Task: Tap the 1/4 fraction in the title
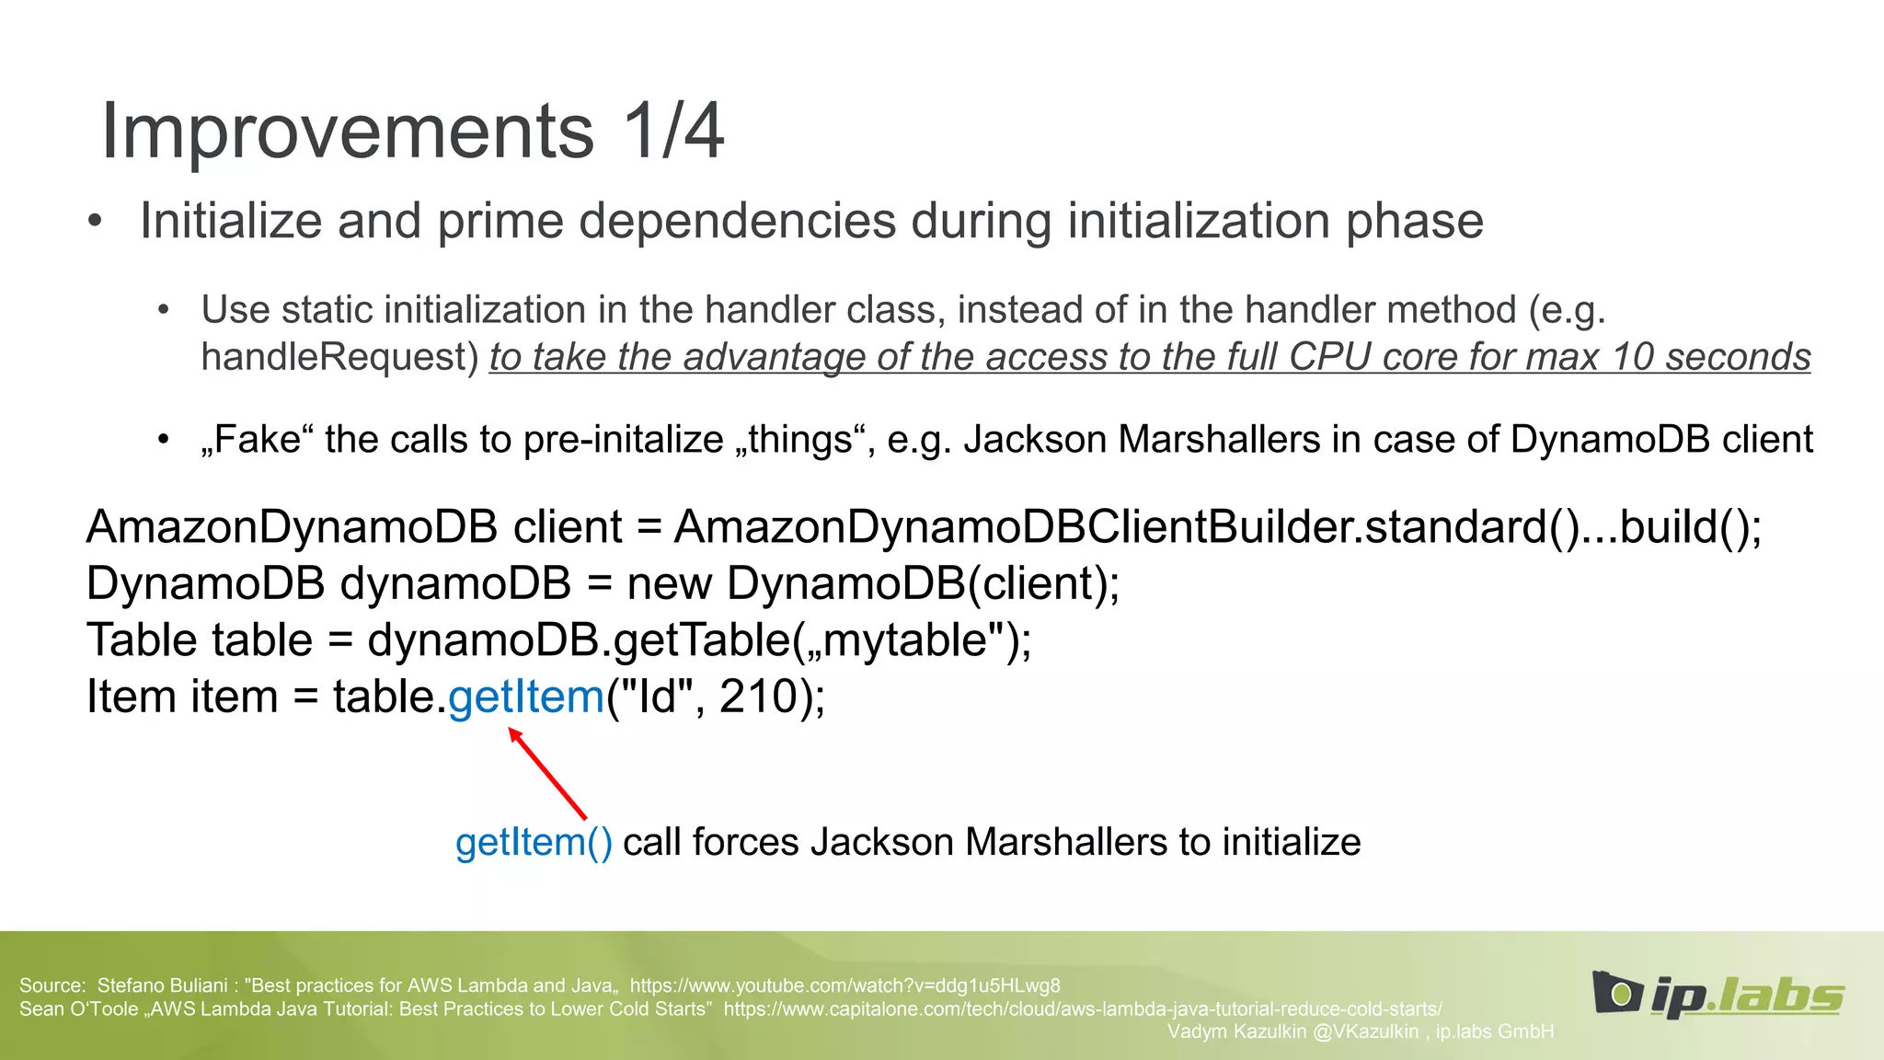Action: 673,132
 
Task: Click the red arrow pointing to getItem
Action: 548,773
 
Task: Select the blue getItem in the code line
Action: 525,697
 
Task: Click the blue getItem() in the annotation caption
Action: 534,843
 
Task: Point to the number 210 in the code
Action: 758,697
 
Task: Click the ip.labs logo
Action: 1718,995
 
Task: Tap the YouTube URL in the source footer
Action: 844,985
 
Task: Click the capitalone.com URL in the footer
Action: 1083,1008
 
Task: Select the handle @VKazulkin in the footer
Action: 1365,1031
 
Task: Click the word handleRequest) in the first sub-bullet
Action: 339,357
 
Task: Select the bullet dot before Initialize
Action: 95,222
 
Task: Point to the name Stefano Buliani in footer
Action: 162,985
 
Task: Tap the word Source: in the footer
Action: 52,985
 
